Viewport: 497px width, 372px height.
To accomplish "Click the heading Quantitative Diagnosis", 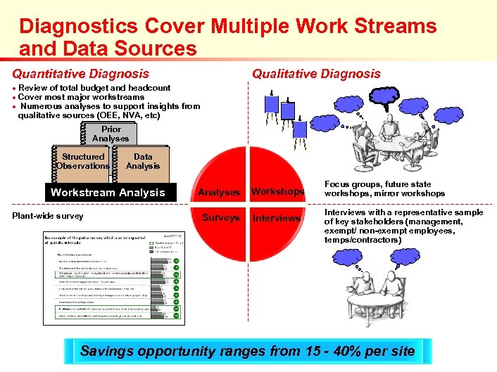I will click(x=81, y=73).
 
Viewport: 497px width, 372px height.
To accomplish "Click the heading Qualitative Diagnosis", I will click(x=316, y=73).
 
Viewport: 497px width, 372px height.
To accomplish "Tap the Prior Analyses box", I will click(x=111, y=134).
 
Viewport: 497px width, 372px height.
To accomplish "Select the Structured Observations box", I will click(x=83, y=162).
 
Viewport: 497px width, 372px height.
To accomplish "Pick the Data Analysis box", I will click(x=143, y=162).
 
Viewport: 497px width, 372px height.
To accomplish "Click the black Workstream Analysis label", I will click(x=108, y=193).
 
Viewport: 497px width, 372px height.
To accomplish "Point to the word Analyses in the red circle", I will click(x=219, y=192).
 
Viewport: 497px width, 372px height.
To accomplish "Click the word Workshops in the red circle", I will click(x=277, y=192).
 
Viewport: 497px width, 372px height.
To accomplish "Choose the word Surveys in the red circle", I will click(x=220, y=218).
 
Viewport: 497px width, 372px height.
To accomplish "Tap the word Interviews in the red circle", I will click(x=277, y=218).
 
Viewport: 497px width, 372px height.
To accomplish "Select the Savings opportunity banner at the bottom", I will click(x=248, y=351).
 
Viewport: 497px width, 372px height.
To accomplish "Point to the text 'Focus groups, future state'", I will click(x=377, y=184).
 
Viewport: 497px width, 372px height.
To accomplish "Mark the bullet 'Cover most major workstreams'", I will click(x=82, y=97).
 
